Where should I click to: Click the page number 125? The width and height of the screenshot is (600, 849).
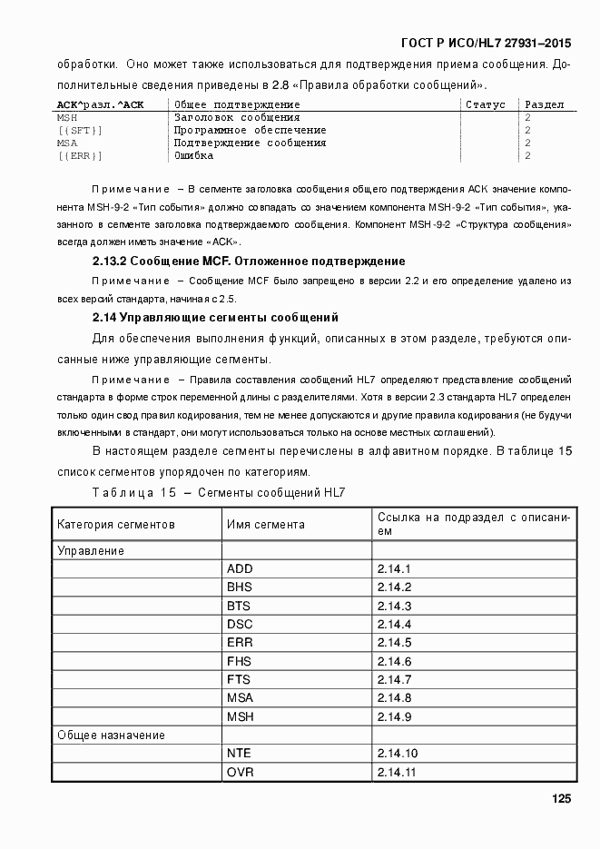[x=560, y=799]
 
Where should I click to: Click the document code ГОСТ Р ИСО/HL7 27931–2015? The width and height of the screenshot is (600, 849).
[x=486, y=43]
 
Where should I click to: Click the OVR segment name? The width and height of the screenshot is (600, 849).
[x=241, y=773]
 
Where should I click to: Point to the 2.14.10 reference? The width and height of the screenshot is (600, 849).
[x=398, y=754]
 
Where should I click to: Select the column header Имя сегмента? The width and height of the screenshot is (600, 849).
[x=266, y=525]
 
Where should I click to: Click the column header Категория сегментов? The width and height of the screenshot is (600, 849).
[x=116, y=525]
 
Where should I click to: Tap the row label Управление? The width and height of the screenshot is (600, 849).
[x=91, y=550]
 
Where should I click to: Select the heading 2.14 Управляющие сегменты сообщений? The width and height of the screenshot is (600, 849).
[x=216, y=318]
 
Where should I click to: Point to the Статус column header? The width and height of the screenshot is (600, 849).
[x=485, y=105]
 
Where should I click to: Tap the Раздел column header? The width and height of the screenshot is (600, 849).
[x=545, y=105]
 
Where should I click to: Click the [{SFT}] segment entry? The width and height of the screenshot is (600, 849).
[x=80, y=131]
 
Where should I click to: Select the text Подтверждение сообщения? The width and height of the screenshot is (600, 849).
[x=250, y=143]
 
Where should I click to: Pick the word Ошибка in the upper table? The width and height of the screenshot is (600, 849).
[x=194, y=156]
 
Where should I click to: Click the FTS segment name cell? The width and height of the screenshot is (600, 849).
[x=240, y=680]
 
